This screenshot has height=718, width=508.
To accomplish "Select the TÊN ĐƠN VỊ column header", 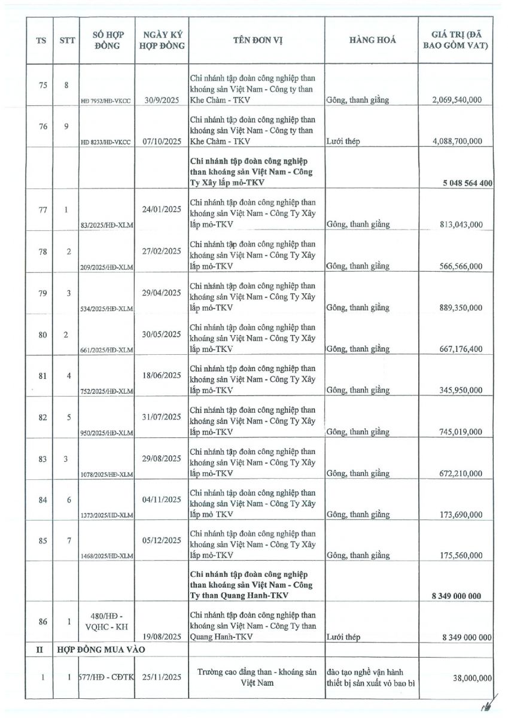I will (257, 41).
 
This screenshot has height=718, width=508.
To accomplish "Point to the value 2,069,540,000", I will (456, 100).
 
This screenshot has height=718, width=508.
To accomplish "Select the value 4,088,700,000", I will (456, 142).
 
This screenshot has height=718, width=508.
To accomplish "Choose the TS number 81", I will (42, 376).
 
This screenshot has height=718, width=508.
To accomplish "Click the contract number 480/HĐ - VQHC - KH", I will (108, 622).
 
